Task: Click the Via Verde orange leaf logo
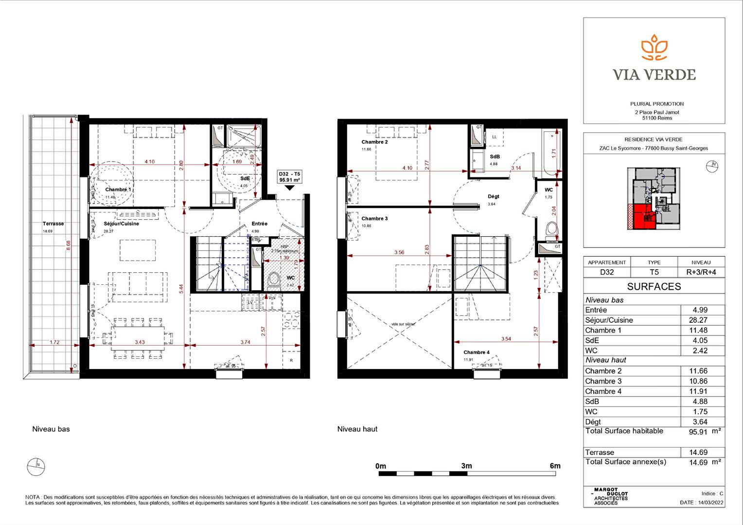(654, 48)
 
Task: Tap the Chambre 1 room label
(118, 190)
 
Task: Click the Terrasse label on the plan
(53, 224)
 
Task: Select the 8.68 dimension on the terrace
(69, 245)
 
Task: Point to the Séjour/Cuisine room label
(121, 224)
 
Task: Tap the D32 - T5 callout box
(289, 177)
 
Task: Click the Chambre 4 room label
(476, 352)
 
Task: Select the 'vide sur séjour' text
(403, 324)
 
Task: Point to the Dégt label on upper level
(493, 196)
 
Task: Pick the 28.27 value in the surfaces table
(698, 320)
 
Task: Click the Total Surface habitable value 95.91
(698, 432)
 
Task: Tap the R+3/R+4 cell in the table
(701, 272)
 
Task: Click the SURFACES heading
(654, 286)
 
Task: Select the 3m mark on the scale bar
(466, 466)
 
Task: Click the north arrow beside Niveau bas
(36, 467)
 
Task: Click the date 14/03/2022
(710, 503)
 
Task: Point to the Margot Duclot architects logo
(611, 497)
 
